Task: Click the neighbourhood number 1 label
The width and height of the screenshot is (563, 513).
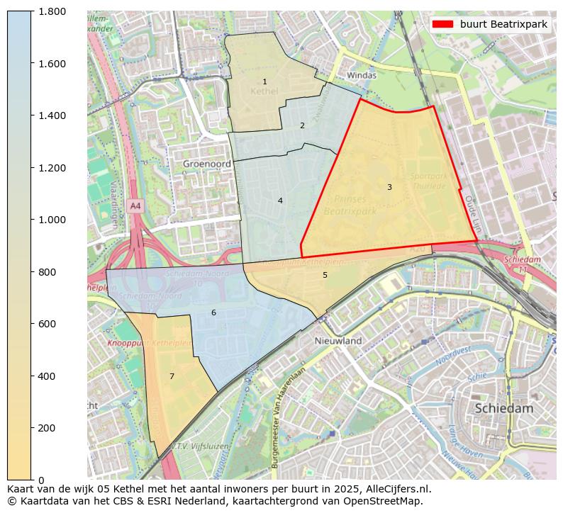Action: (x=264, y=82)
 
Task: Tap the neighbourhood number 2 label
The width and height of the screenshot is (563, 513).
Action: (x=302, y=125)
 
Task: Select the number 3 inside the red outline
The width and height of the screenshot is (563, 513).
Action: (x=389, y=187)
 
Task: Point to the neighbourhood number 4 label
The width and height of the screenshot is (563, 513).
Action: (x=280, y=201)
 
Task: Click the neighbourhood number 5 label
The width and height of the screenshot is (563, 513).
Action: (x=325, y=275)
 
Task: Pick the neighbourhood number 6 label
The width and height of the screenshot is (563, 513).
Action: (x=213, y=312)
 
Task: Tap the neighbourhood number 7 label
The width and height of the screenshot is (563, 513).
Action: (x=172, y=376)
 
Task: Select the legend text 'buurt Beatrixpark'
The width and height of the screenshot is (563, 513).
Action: (x=503, y=24)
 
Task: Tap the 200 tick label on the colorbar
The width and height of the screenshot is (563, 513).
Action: (x=48, y=428)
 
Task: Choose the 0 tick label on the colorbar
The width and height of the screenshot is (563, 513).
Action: (x=42, y=480)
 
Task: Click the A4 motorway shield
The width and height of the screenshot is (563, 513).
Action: (x=135, y=205)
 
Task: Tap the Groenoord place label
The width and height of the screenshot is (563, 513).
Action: (x=206, y=163)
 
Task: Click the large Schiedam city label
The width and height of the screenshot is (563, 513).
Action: (x=503, y=408)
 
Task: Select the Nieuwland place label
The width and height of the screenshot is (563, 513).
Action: (x=338, y=341)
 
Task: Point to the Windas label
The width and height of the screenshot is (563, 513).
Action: (x=362, y=75)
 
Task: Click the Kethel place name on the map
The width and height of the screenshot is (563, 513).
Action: (x=264, y=92)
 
